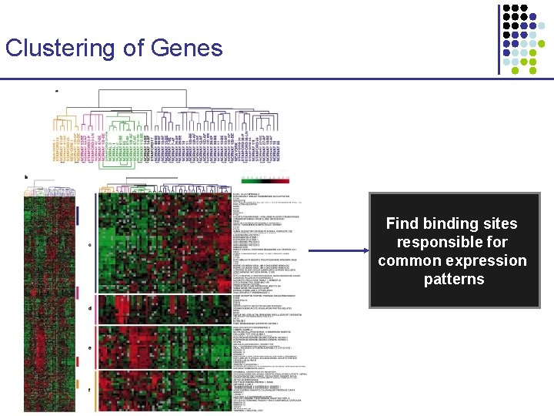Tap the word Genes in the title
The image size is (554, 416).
(x=187, y=48)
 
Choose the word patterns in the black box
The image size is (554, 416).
(x=454, y=279)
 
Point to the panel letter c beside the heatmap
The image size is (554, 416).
(x=90, y=246)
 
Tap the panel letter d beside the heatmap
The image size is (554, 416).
(x=90, y=309)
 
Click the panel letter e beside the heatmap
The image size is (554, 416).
(x=90, y=347)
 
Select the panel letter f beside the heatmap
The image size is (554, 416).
(x=90, y=390)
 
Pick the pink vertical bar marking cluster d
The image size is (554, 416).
(x=97, y=309)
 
